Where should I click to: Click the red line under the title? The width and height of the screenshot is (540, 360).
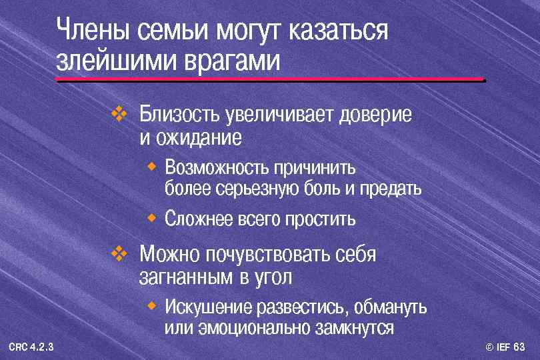270,80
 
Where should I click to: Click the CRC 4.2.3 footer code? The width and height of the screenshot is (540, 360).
32,347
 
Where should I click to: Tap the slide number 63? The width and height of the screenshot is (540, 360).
519,347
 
